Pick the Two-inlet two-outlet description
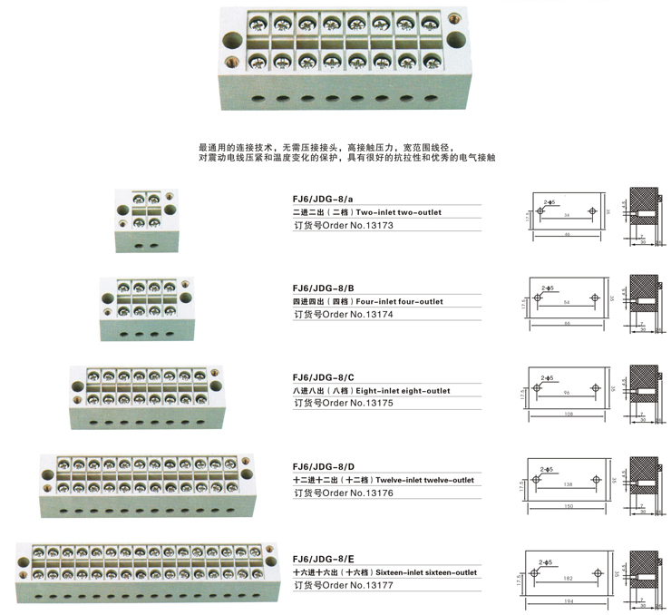click(x=398, y=212)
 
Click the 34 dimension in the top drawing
click(x=568, y=217)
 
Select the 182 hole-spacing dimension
click(x=568, y=578)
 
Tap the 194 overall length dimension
click(x=569, y=601)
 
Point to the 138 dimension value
click(x=568, y=485)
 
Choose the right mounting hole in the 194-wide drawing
click(x=598, y=571)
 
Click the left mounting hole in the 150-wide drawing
click(x=538, y=481)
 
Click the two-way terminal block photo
click(x=146, y=219)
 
